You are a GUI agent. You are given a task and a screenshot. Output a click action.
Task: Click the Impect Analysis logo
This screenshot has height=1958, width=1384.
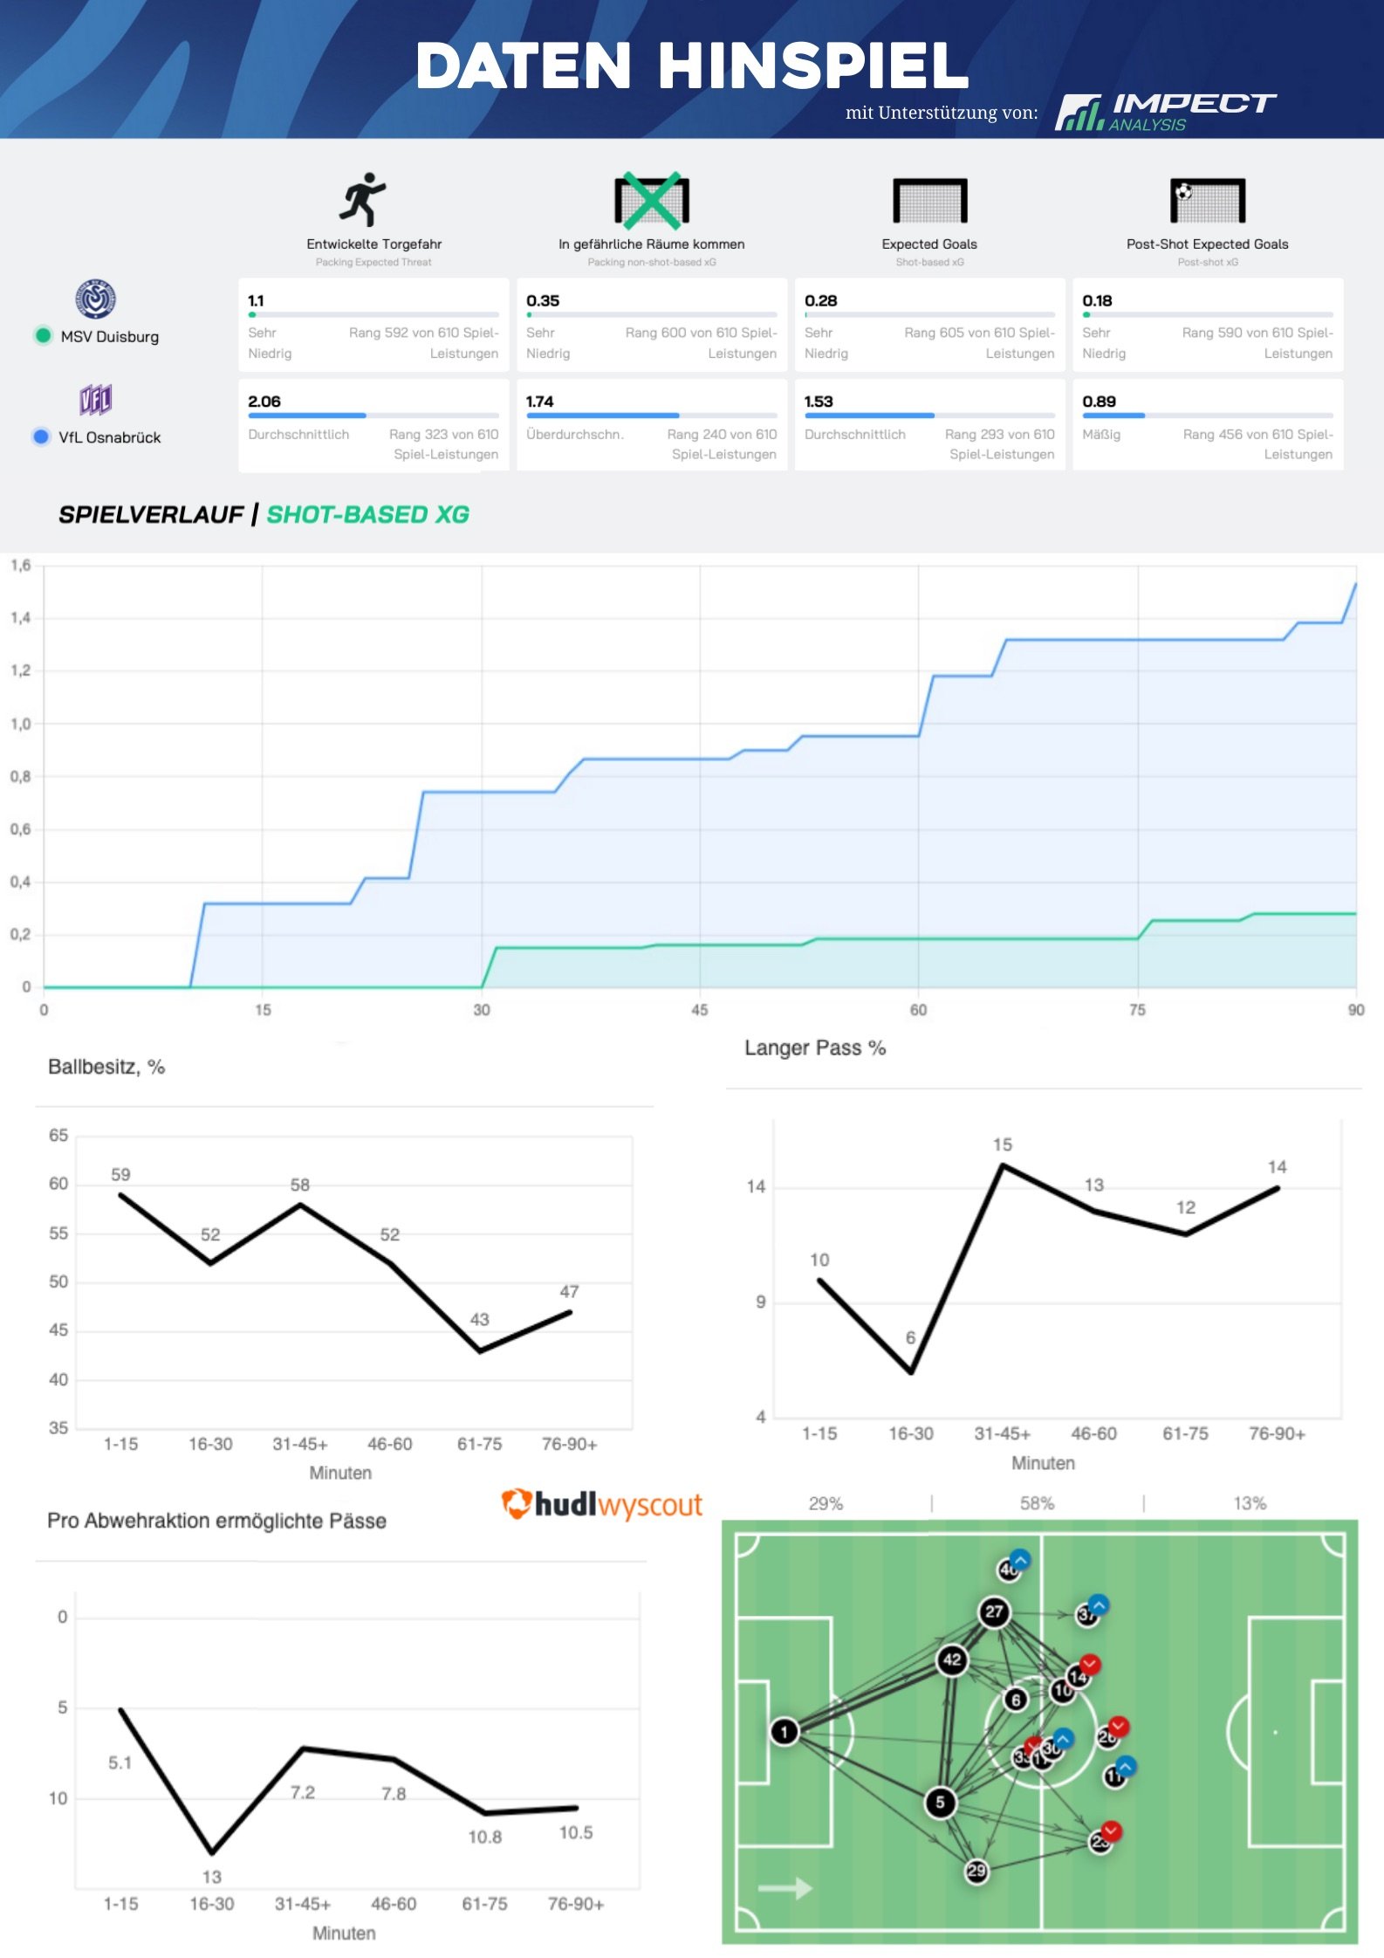1165,112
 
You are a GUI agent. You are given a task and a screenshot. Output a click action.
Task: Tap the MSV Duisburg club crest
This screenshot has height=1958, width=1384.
96,299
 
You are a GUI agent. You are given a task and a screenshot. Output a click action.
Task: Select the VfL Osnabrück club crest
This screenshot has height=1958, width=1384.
96,400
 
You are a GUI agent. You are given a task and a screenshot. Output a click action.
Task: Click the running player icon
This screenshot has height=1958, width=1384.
363,199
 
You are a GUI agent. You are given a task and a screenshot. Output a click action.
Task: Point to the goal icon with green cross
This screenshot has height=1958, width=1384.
651,200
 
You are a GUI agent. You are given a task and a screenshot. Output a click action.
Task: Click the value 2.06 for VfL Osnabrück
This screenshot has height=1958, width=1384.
264,402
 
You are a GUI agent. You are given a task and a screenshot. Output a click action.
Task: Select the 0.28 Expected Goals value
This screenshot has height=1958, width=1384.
820,301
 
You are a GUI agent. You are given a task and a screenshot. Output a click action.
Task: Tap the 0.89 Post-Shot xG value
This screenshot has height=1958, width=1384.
1099,402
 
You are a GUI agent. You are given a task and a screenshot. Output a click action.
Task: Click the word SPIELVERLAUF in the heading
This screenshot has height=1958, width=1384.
150,515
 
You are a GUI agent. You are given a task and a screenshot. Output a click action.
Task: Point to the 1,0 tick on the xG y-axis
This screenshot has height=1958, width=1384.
20,724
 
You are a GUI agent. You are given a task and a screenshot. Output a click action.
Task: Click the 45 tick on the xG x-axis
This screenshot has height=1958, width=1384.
699,1010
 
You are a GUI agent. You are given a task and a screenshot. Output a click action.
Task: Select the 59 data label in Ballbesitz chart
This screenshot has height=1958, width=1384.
120,1175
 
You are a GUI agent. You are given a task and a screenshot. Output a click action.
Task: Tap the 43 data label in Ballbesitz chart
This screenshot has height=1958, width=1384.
480,1319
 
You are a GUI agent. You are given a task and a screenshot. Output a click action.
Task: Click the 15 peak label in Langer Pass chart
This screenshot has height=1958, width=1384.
1003,1144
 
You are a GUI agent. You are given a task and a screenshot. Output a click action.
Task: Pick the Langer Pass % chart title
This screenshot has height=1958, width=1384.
815,1048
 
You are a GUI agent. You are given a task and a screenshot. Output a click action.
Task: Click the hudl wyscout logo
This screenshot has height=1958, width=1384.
601,1504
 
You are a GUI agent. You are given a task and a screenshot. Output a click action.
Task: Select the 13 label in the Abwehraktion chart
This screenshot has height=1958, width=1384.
212,1877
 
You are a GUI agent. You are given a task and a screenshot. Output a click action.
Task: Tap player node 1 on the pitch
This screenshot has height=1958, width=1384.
784,1731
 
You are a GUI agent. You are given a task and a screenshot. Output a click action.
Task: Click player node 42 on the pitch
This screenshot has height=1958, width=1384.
952,1659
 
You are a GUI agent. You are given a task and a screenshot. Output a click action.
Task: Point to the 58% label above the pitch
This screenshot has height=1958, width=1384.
1037,1503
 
